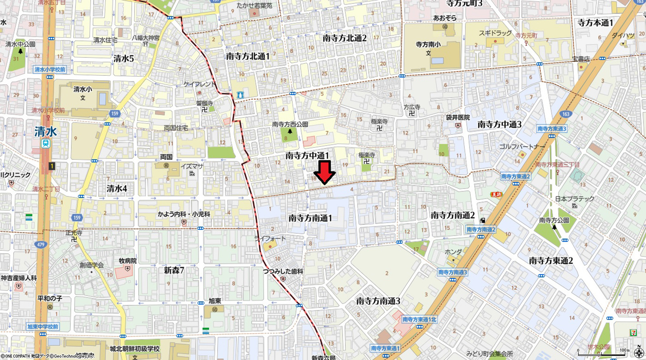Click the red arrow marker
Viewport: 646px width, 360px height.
(324, 172)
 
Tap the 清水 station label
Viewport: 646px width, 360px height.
(46, 131)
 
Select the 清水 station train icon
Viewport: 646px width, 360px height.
(46, 144)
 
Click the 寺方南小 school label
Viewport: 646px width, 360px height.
(428, 44)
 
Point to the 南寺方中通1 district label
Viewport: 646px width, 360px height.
(307, 156)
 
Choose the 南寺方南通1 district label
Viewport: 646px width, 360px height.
(310, 218)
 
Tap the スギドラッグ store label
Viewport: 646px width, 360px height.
(495, 33)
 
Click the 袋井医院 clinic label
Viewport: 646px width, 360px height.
(458, 118)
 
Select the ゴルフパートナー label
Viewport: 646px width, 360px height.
(522, 147)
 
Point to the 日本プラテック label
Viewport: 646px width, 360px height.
(575, 199)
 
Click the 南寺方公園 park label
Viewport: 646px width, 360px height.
(554, 220)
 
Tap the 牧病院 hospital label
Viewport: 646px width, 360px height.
(127, 261)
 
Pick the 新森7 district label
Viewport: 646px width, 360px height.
(174, 270)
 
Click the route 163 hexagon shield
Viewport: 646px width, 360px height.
(565, 114)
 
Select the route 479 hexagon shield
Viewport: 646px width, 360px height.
(40, 245)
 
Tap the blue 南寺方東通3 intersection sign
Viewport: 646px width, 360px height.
(552, 129)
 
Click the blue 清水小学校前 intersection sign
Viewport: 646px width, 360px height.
(50, 70)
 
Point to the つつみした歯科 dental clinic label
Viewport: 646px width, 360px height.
(283, 272)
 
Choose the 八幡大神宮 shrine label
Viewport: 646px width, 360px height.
(146, 38)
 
